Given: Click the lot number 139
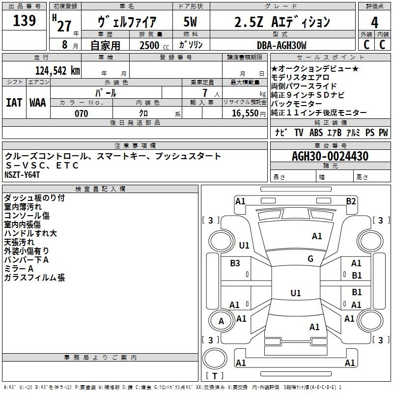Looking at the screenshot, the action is tap(24, 20).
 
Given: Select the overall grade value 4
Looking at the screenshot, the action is tap(374, 22).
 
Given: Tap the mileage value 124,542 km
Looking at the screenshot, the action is tap(57, 71).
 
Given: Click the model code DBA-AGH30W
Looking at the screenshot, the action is tap(281, 45).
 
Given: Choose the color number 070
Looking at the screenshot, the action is tap(81, 113).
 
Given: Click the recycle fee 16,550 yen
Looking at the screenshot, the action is tap(249, 113).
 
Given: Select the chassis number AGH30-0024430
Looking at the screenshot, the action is tap(330, 156).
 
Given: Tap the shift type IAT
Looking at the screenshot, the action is tap(14, 103).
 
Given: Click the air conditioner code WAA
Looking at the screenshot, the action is tap(38, 103).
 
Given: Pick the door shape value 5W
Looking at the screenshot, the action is tap(190, 22).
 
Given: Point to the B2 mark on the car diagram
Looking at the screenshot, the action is tap(351, 201).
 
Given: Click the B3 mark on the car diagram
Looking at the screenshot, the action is tap(235, 263).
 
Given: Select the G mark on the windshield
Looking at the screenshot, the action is tap(310, 259).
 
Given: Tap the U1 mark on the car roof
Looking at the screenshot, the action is tap(296, 293).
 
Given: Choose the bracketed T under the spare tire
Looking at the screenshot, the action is tap(215, 376).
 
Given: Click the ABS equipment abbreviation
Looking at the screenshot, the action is tap(316, 133).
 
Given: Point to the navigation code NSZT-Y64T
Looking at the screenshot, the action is tap(22, 175).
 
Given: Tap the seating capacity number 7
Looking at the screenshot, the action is tap(205, 93).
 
